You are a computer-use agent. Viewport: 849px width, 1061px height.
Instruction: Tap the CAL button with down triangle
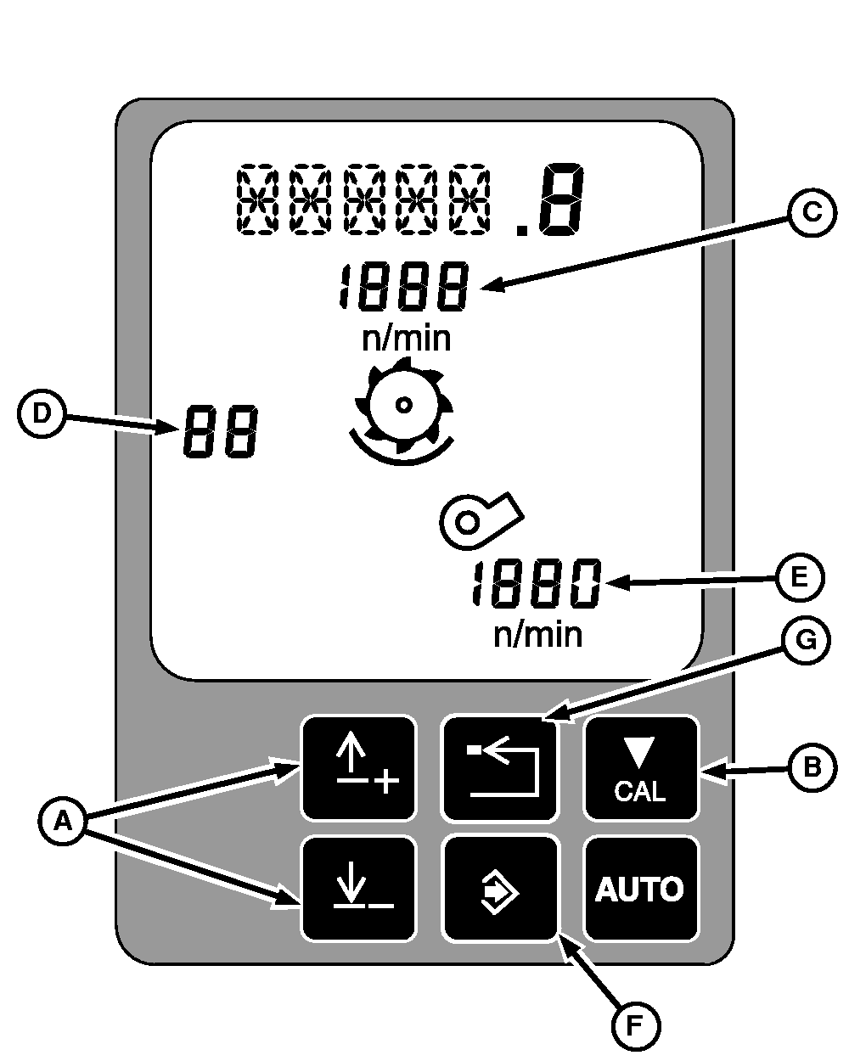641,768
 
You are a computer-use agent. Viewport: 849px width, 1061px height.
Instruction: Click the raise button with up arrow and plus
359,768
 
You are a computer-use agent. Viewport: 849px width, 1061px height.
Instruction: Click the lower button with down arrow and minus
359,889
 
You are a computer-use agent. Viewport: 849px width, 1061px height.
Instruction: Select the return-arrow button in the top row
500,768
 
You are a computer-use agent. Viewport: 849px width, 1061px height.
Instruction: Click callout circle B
812,767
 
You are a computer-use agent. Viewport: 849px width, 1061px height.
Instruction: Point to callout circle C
812,212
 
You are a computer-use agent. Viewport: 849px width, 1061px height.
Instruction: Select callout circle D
41,413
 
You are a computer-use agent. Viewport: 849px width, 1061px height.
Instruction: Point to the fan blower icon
481,519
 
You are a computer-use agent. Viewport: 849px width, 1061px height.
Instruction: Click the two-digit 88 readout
218,431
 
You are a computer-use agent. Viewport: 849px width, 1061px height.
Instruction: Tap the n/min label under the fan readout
537,634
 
